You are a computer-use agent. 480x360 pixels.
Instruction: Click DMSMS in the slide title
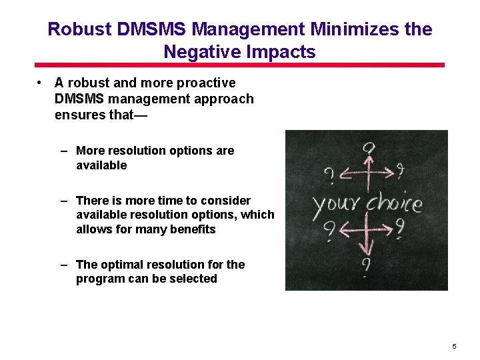155,30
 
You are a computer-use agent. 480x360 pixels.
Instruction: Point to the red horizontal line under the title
239,65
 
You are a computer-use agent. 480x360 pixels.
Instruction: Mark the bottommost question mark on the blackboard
366,266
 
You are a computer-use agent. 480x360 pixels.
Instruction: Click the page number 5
454,347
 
